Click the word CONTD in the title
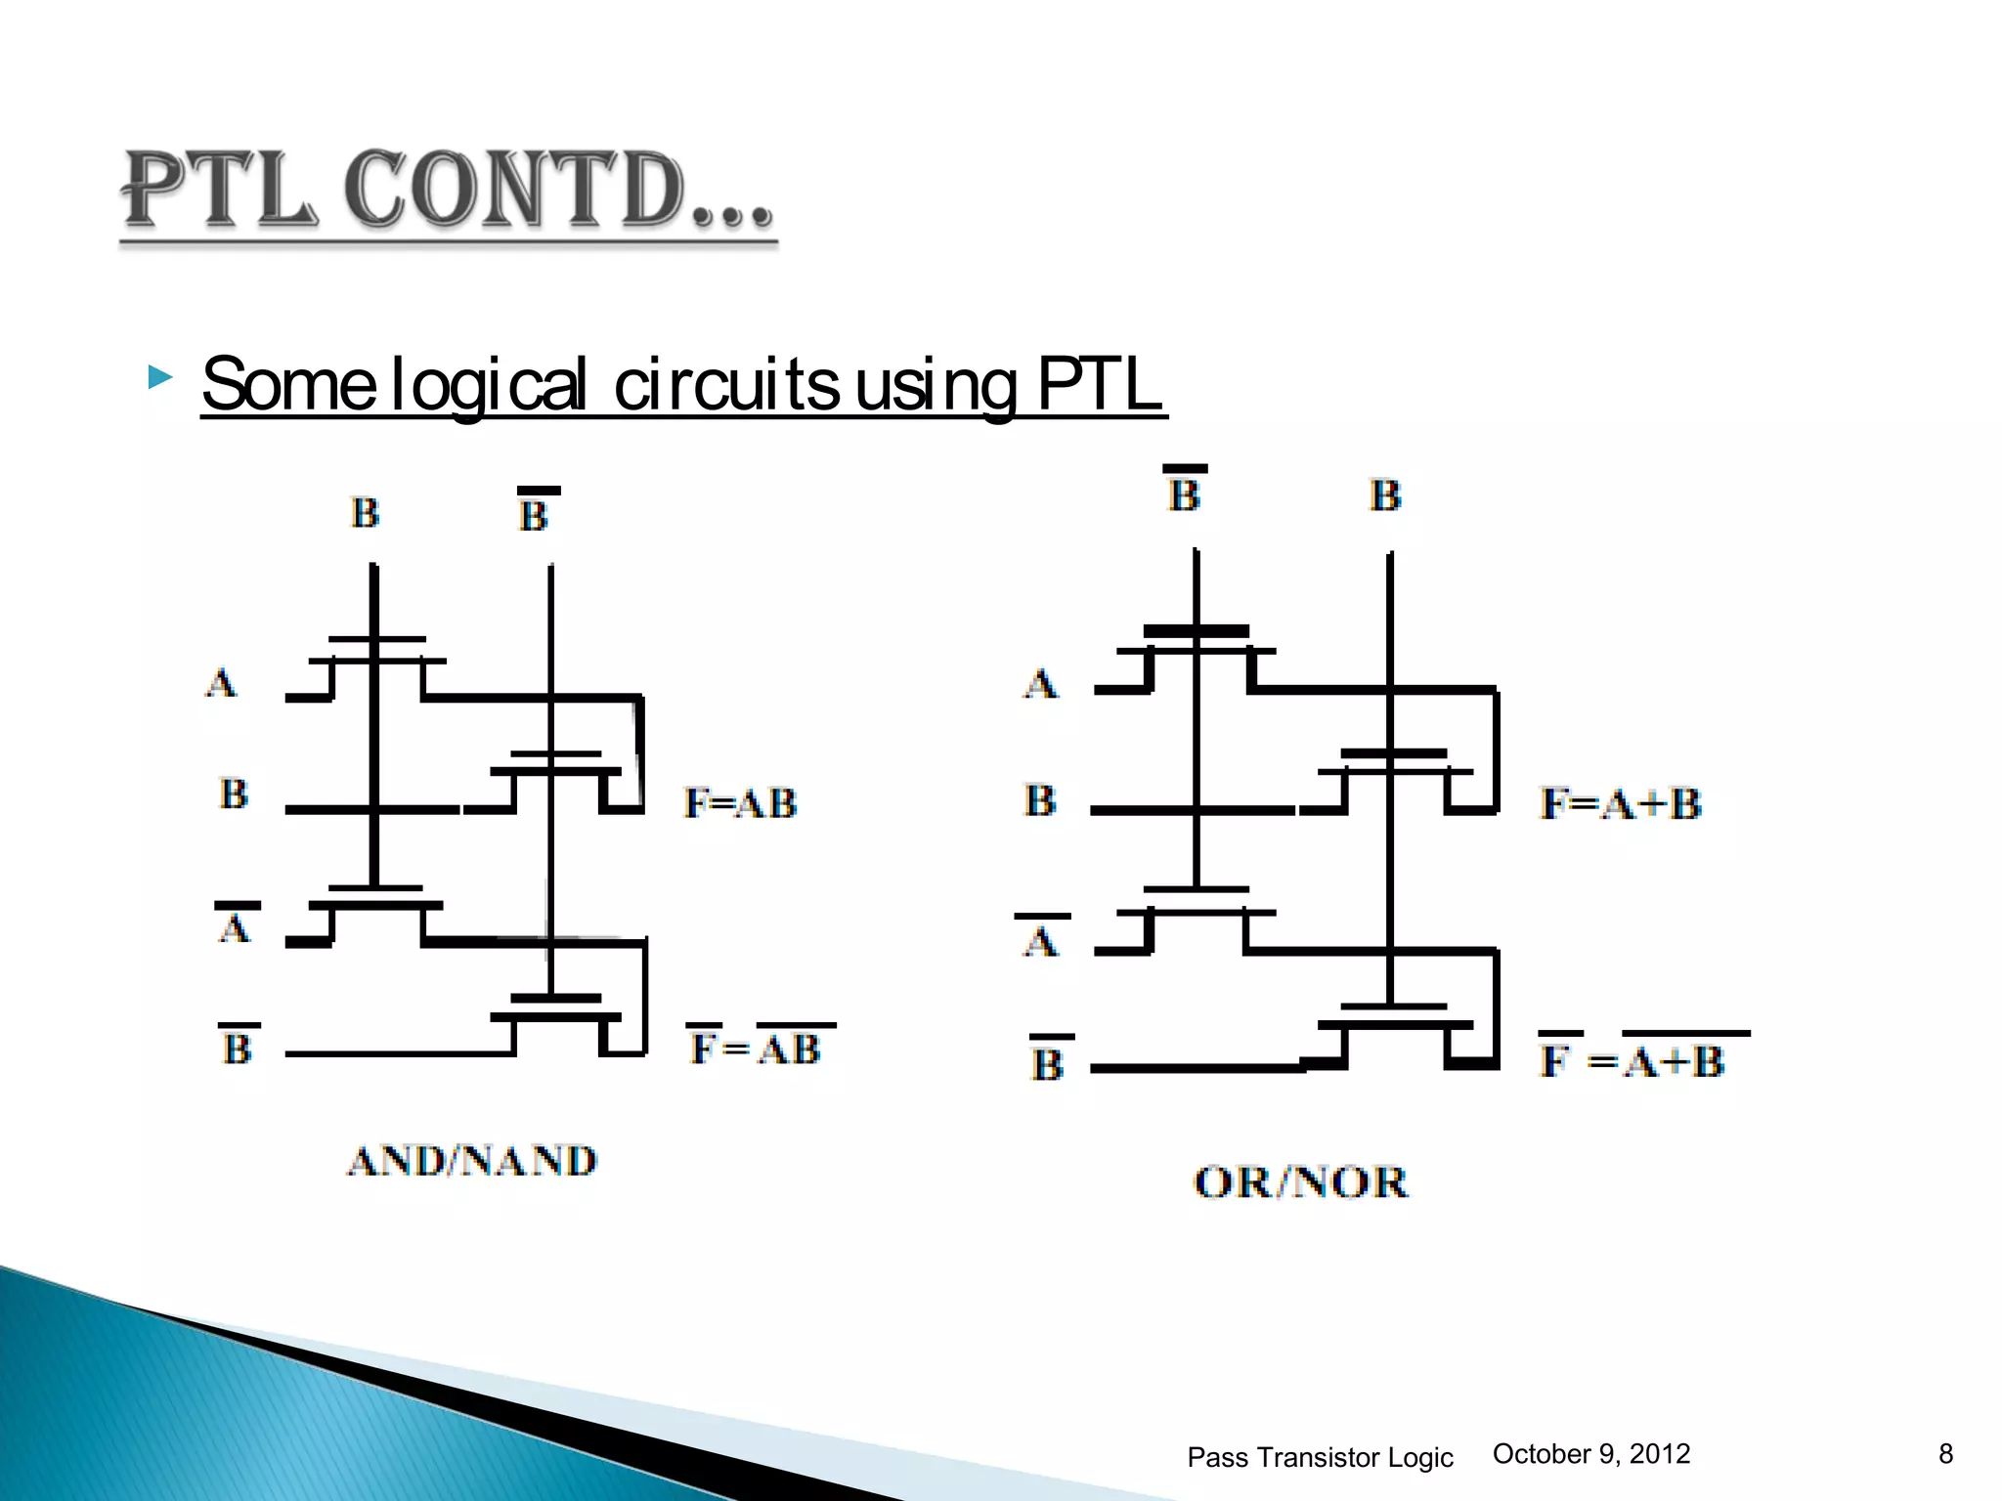pos(513,191)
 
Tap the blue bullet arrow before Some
pos(159,377)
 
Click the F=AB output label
pos(740,803)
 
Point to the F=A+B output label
pos(1620,804)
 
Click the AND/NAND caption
pos(472,1161)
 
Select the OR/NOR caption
pos(1300,1182)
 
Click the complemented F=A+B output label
pos(1642,1059)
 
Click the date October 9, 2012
pos(1590,1454)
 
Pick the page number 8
pos(1945,1454)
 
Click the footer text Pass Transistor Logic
pos(1320,1457)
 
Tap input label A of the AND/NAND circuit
pos(221,682)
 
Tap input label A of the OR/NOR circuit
pos(1040,683)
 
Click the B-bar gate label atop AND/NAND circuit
pos(534,512)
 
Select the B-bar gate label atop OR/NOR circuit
pos(1184,492)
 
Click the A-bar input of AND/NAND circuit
pos(235,924)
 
